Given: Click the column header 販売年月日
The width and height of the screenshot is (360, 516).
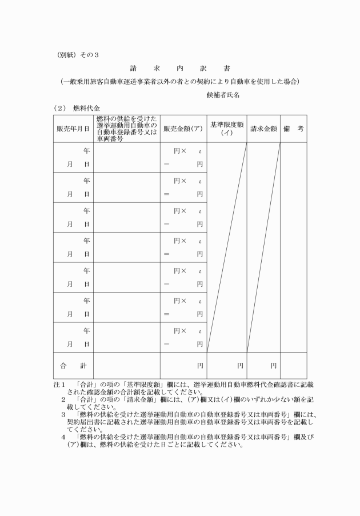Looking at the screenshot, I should point(73,129).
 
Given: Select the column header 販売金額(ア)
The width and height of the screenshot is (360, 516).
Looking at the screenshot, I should point(183,129).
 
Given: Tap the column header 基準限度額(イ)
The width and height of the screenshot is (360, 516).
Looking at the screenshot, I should point(227,129).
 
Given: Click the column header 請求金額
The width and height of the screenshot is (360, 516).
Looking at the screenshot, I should point(263,129).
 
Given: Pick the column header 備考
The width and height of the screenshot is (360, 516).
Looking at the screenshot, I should point(293,129).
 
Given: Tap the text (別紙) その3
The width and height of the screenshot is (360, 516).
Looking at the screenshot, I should point(78,55).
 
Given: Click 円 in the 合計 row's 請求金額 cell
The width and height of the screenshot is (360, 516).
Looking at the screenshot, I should point(274,365).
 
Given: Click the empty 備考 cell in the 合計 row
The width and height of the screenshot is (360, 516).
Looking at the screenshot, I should point(293,365).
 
